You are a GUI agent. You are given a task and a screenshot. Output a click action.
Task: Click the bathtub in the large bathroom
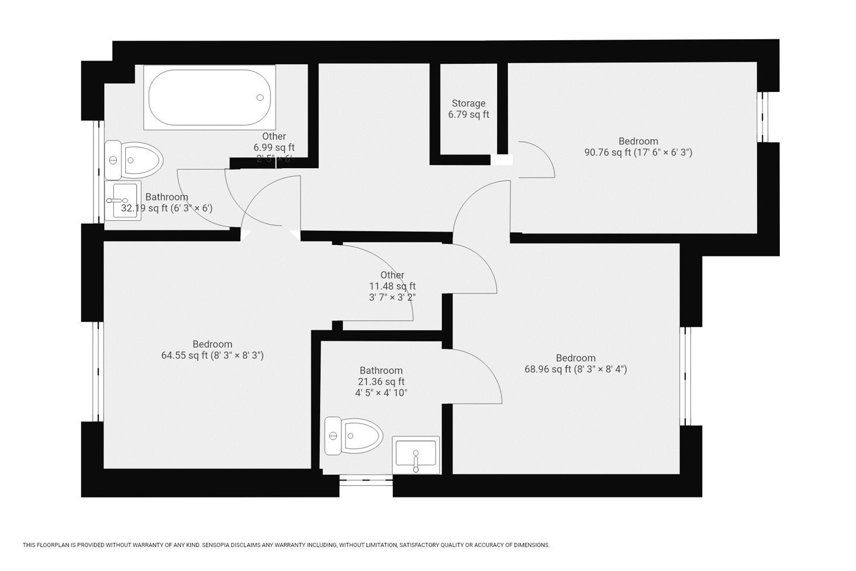(210, 97)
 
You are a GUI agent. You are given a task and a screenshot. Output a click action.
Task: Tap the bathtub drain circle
(260, 97)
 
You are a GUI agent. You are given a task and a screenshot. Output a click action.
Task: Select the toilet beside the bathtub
(134, 160)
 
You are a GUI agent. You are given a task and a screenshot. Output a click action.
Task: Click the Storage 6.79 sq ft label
(469, 109)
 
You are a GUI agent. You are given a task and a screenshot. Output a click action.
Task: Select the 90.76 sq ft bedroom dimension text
(638, 153)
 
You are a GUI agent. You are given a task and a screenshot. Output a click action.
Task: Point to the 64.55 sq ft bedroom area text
(212, 356)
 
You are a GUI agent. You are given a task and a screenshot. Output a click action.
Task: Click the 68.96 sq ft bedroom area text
(575, 370)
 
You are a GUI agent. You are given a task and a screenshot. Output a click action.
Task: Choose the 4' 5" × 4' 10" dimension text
(381, 393)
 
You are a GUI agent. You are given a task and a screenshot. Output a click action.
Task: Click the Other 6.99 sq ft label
(274, 142)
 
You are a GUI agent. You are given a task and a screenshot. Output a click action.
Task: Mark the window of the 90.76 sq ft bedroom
(762, 117)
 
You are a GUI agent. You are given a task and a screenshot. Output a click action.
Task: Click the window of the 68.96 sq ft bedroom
(685, 376)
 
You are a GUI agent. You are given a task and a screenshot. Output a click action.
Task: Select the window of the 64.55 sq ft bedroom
(98, 372)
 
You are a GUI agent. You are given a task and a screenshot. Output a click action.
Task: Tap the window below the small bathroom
(366, 479)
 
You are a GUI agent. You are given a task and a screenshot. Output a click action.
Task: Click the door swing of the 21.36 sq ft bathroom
(476, 375)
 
